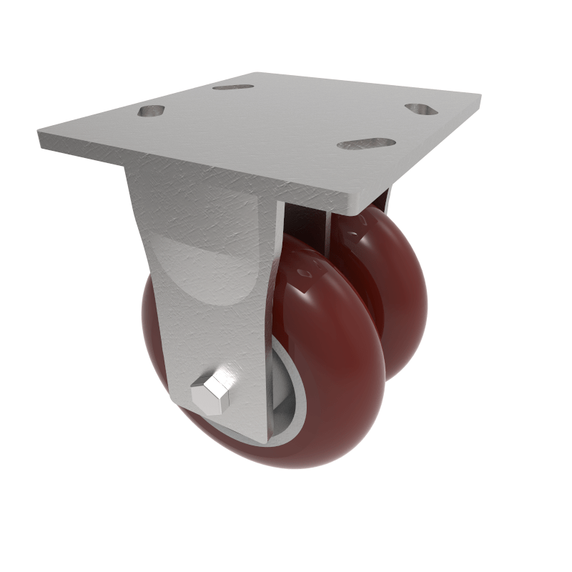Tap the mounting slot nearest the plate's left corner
click(152, 112)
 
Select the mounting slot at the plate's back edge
click(232, 87)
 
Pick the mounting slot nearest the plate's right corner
click(421, 109)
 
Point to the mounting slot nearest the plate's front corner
click(366, 144)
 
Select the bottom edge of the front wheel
click(286, 465)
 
